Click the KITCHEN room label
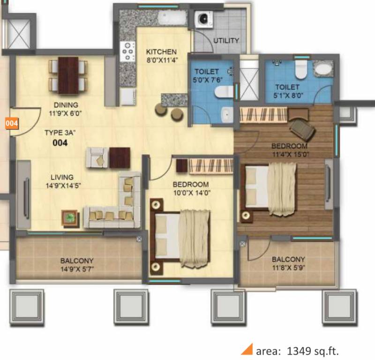pyautogui.click(x=161, y=52)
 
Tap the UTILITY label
pyautogui.click(x=226, y=41)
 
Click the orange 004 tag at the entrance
pyautogui.click(x=12, y=124)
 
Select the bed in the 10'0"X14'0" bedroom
pyautogui.click(x=180, y=235)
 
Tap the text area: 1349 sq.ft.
pyautogui.click(x=297, y=351)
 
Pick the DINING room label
pyautogui.click(x=66, y=105)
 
